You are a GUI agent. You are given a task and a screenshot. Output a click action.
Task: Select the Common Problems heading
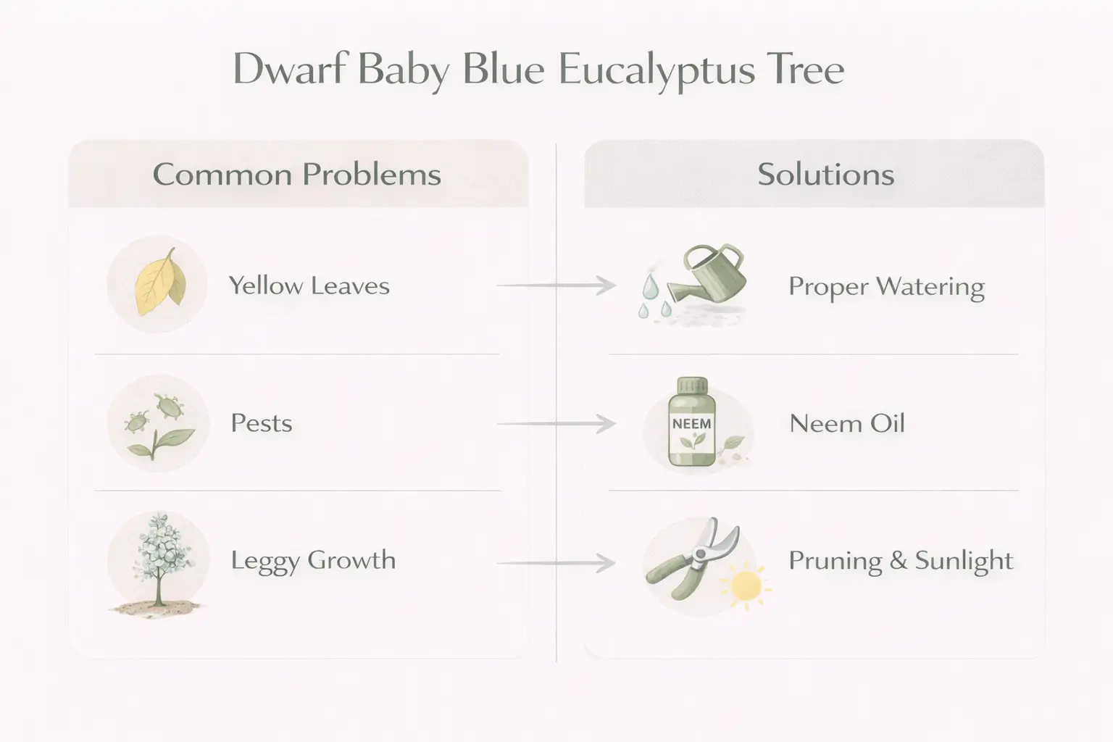(x=297, y=175)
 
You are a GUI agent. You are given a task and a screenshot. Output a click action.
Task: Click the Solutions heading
(x=825, y=175)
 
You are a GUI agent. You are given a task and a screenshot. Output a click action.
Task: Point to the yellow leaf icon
(x=159, y=283)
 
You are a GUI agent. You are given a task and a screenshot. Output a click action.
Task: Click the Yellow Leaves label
(x=309, y=285)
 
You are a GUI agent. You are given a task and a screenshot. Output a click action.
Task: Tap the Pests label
(x=261, y=423)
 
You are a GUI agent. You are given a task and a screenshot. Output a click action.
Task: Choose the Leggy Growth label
(x=313, y=560)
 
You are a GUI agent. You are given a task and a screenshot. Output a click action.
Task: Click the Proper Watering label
(x=885, y=286)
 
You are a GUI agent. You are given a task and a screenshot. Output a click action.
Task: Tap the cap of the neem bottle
(x=691, y=386)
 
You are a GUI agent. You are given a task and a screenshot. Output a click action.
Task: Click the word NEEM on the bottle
(x=691, y=423)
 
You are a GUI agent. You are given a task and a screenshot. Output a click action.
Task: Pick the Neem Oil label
(x=846, y=423)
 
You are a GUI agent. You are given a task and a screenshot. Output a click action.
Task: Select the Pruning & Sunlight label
(x=900, y=560)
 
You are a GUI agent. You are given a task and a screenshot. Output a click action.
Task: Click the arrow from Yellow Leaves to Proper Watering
(x=556, y=285)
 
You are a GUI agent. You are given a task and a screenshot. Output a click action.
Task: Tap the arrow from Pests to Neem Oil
(x=556, y=423)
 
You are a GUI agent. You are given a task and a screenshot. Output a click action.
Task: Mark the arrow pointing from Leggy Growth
(x=556, y=562)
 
